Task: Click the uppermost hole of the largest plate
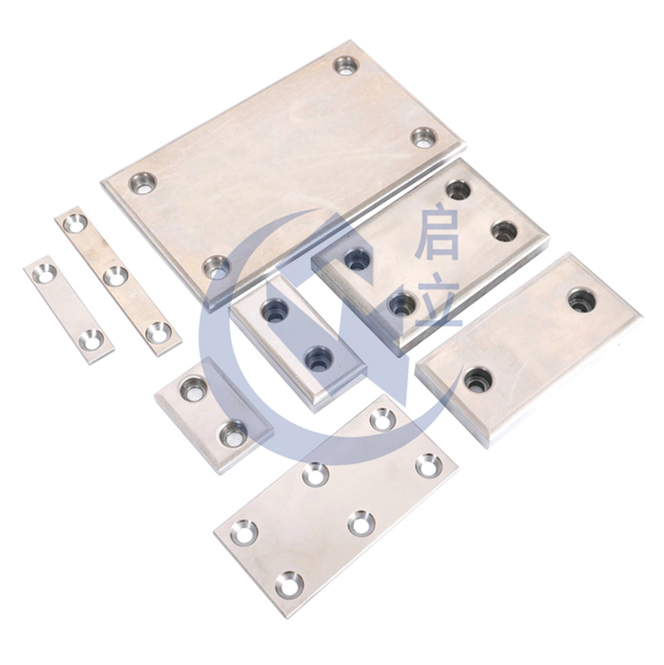(x=346, y=66)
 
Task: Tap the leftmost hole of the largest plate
(x=143, y=183)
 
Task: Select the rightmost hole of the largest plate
(x=425, y=137)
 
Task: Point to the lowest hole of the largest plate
(x=216, y=267)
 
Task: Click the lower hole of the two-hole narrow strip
(x=91, y=339)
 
